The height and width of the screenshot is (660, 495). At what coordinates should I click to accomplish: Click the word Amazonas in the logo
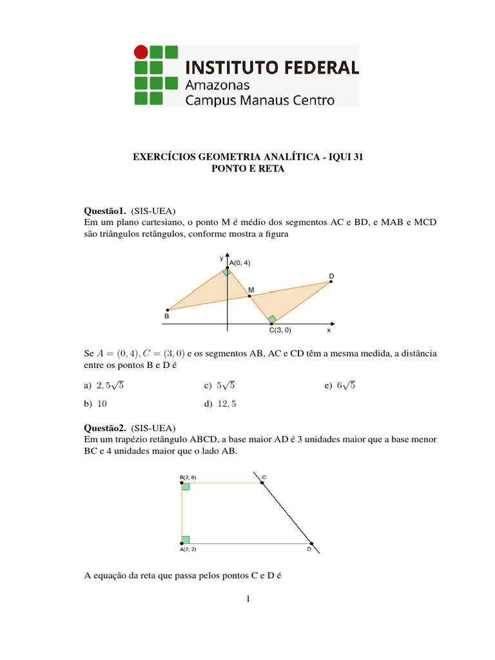[x=217, y=84]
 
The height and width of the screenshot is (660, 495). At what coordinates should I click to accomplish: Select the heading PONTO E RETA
[x=247, y=169]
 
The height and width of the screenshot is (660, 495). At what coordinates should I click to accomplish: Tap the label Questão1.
[x=105, y=210]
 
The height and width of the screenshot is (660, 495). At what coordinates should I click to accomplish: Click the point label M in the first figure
[x=251, y=290]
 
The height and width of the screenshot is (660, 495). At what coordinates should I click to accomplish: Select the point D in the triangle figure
[x=330, y=282]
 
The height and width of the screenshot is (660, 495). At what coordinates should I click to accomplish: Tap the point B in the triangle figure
[x=167, y=310]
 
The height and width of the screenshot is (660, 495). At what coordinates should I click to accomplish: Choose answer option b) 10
[x=97, y=404]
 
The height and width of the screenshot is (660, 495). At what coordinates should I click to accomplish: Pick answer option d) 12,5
[x=221, y=404]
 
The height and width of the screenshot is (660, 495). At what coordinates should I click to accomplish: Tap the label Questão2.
[x=105, y=427]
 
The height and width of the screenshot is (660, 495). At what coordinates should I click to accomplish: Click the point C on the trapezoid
[x=262, y=482]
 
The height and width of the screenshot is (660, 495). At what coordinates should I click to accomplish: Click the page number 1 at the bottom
[x=247, y=600]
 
